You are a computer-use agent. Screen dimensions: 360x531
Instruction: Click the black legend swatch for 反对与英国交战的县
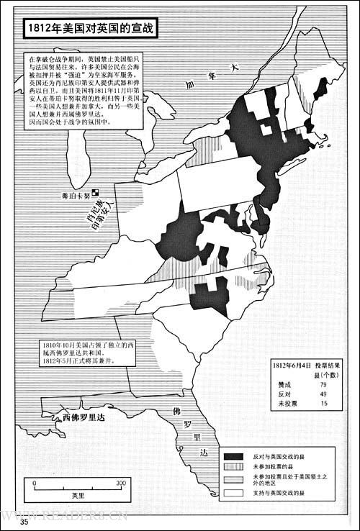tap(235, 456)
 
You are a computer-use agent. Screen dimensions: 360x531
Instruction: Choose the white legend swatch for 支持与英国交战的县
tap(235, 493)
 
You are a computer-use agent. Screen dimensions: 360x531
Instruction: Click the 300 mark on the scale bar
tap(121, 482)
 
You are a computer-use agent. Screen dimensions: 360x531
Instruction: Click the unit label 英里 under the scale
tap(78, 496)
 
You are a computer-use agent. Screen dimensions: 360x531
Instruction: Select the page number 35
tap(25, 521)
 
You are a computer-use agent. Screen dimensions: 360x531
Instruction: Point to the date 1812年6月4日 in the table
tap(292, 366)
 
